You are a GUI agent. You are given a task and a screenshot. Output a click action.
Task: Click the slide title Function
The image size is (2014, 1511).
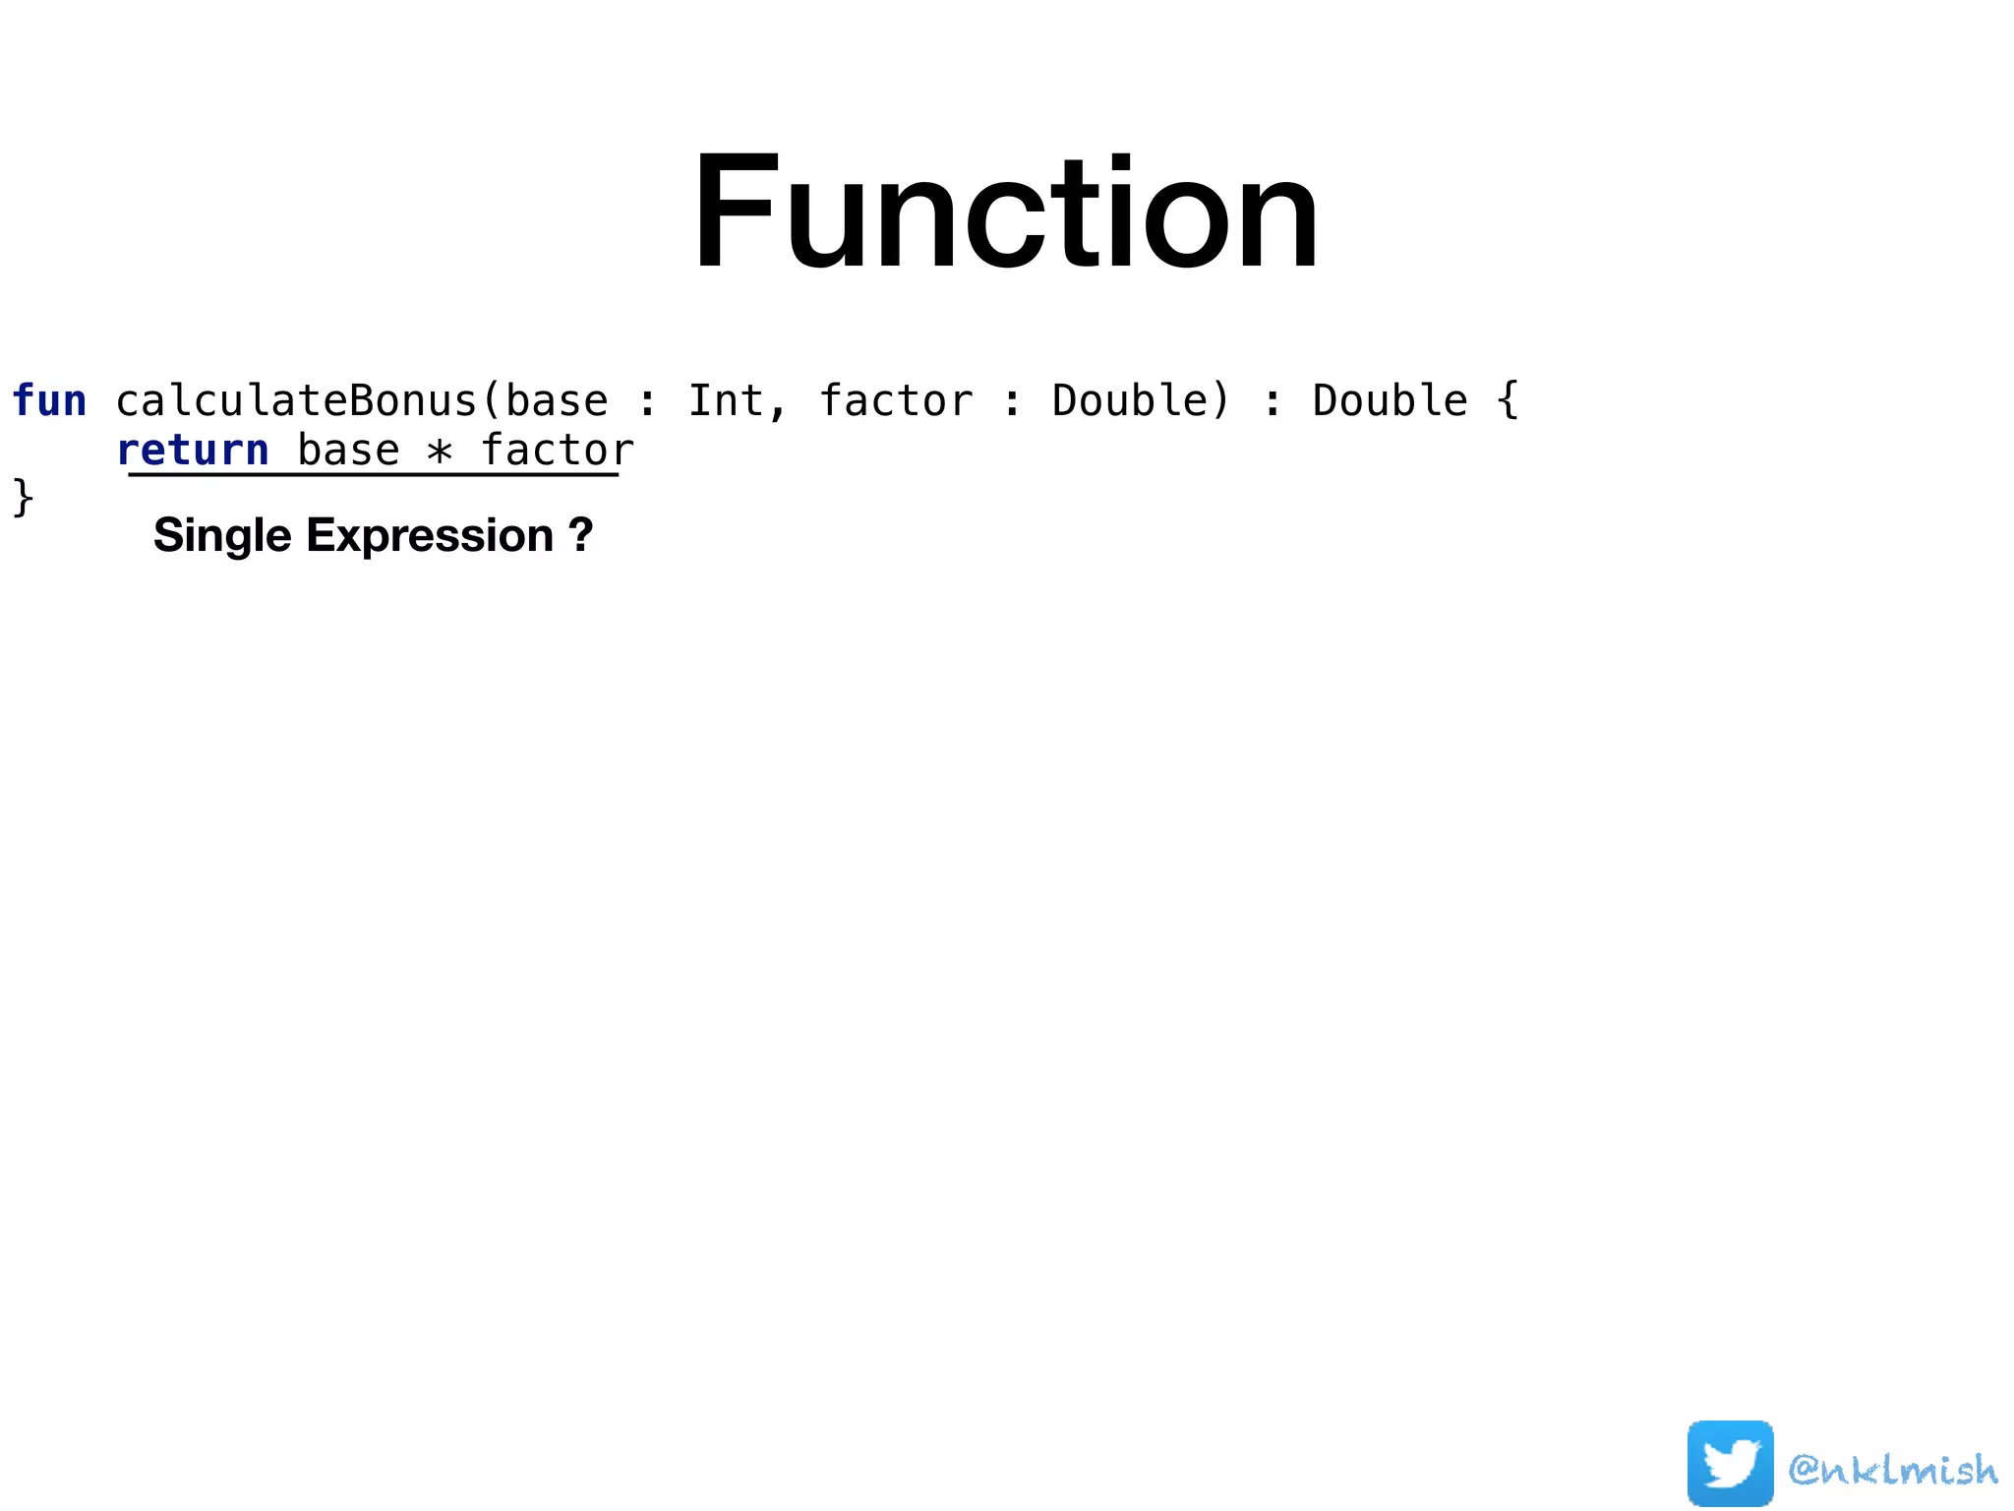click(1005, 212)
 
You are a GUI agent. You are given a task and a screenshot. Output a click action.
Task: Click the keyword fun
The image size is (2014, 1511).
click(49, 401)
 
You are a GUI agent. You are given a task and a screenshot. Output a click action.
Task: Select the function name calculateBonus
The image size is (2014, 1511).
click(296, 401)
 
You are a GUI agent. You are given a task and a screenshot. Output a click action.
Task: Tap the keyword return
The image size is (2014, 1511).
click(193, 451)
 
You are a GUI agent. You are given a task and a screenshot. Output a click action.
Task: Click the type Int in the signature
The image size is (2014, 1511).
click(725, 401)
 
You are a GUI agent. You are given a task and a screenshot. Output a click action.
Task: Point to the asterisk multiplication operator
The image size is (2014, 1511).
click(440, 452)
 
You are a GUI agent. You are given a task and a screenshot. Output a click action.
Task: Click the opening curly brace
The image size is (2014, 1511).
click(1507, 401)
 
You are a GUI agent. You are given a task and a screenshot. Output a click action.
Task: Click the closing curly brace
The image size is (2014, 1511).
click(23, 497)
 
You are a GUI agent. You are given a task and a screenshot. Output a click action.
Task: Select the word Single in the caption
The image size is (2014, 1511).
click(222, 536)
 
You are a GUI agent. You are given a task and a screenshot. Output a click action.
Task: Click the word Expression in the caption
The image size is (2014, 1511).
click(430, 536)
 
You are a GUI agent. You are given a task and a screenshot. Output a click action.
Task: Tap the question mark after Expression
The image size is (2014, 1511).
click(580, 536)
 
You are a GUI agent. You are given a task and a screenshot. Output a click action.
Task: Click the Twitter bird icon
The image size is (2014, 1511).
click(1730, 1463)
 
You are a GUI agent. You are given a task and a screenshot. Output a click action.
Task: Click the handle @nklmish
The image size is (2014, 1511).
click(1893, 1470)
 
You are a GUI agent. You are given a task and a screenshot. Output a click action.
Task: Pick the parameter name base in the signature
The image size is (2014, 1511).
click(557, 401)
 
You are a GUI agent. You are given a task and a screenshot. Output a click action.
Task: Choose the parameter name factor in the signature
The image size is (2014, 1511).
click(896, 401)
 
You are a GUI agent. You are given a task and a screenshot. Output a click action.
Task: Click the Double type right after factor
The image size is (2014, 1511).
click(1140, 401)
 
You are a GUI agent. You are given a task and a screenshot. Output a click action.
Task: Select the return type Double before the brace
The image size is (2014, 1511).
click(1390, 401)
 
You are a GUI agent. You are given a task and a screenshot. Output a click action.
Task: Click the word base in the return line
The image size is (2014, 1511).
click(348, 451)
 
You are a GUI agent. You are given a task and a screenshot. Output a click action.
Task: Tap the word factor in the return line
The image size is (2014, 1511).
click(557, 451)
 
